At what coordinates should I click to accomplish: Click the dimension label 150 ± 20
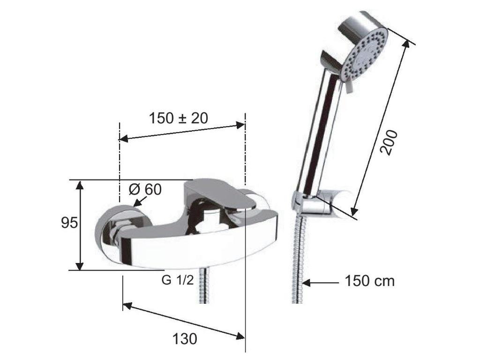(x=178, y=118)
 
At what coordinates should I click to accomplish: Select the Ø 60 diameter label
(x=145, y=189)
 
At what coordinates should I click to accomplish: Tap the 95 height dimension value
(x=69, y=223)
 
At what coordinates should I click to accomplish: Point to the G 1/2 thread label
(x=178, y=280)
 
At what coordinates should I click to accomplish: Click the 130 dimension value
(x=185, y=339)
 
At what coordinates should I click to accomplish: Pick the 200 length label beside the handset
(x=389, y=142)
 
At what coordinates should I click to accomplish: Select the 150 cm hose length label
(x=370, y=281)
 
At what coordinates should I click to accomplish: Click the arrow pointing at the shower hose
(x=320, y=283)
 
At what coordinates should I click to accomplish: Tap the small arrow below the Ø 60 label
(x=140, y=201)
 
